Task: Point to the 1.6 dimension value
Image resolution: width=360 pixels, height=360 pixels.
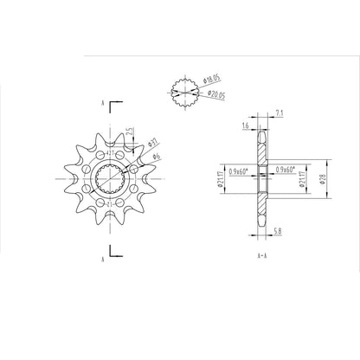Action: (246, 125)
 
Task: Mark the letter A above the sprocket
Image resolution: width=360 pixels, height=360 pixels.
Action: (103, 104)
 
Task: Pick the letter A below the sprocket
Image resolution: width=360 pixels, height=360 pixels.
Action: (103, 257)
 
